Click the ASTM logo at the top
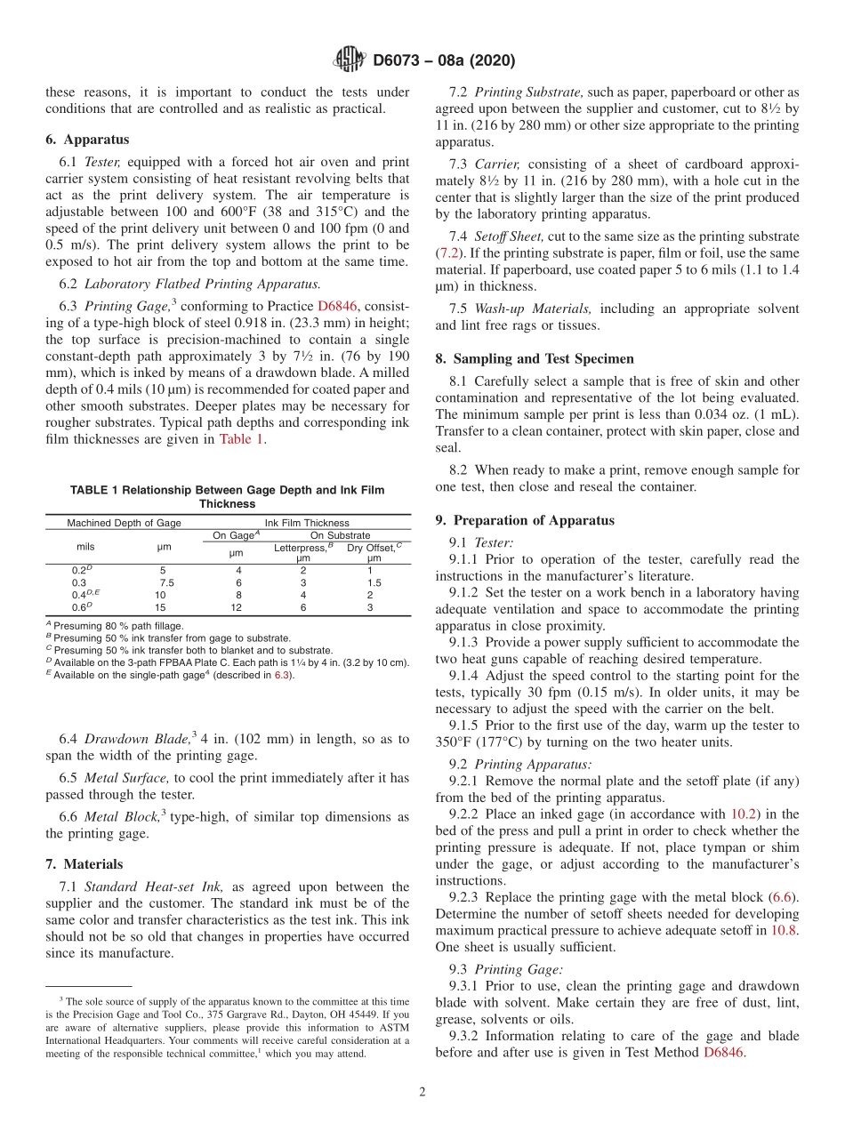(348, 60)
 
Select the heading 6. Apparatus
(87, 140)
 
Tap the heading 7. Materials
(84, 863)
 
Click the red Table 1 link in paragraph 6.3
(241, 438)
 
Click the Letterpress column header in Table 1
(302, 547)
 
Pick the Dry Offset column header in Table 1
(374, 547)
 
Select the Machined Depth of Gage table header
(124, 523)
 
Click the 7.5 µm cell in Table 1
(166, 582)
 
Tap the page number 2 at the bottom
(422, 1092)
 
